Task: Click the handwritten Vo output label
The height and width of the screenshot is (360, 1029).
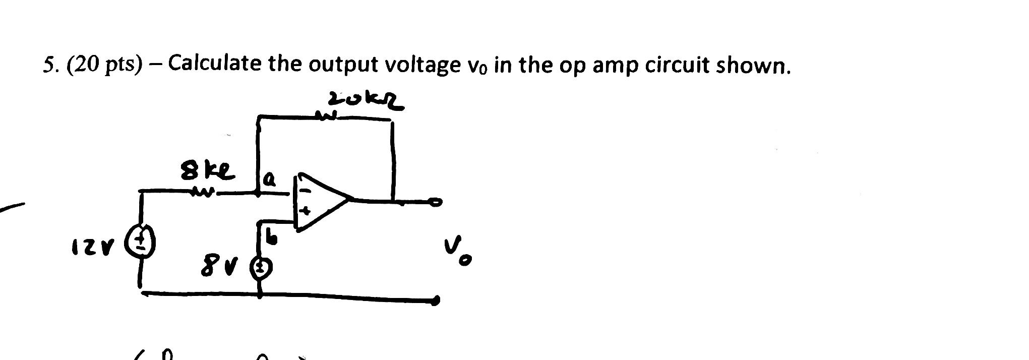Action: pyautogui.click(x=458, y=252)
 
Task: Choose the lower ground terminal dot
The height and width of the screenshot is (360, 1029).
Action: pyautogui.click(x=435, y=301)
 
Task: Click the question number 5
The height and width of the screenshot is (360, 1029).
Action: pyautogui.click(x=49, y=66)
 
